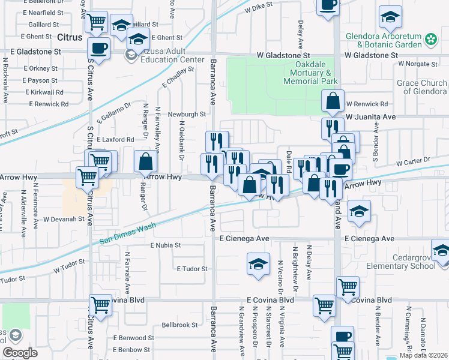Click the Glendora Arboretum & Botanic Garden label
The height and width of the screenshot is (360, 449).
coord(384,40)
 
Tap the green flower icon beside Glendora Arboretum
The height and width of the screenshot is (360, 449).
coord(430,40)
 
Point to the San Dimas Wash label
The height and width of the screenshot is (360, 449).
coord(128,231)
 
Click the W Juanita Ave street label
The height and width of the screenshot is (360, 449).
coord(370,116)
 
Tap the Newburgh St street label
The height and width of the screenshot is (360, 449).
coord(187,113)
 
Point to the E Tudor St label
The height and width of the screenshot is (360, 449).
coord(191,269)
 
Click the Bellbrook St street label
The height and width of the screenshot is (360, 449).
coord(179,325)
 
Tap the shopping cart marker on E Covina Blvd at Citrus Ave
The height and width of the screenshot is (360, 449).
coord(100,305)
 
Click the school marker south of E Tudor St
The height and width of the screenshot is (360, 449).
coord(258,264)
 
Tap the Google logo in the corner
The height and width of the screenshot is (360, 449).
coord(20,353)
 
